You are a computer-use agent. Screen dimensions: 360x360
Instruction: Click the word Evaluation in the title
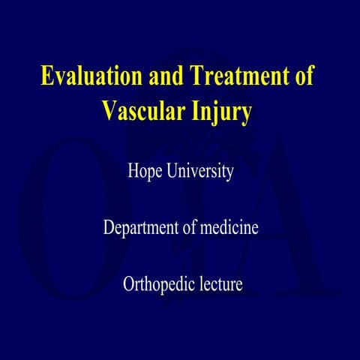coord(88,77)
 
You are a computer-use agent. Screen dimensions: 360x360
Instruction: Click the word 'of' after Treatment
coord(304,77)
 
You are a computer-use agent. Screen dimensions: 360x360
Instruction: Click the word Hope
coord(147,172)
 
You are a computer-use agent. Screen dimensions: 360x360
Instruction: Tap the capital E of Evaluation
coord(46,77)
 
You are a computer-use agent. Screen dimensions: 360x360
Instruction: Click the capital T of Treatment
coord(196,77)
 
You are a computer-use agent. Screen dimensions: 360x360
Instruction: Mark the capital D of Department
coord(109,228)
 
